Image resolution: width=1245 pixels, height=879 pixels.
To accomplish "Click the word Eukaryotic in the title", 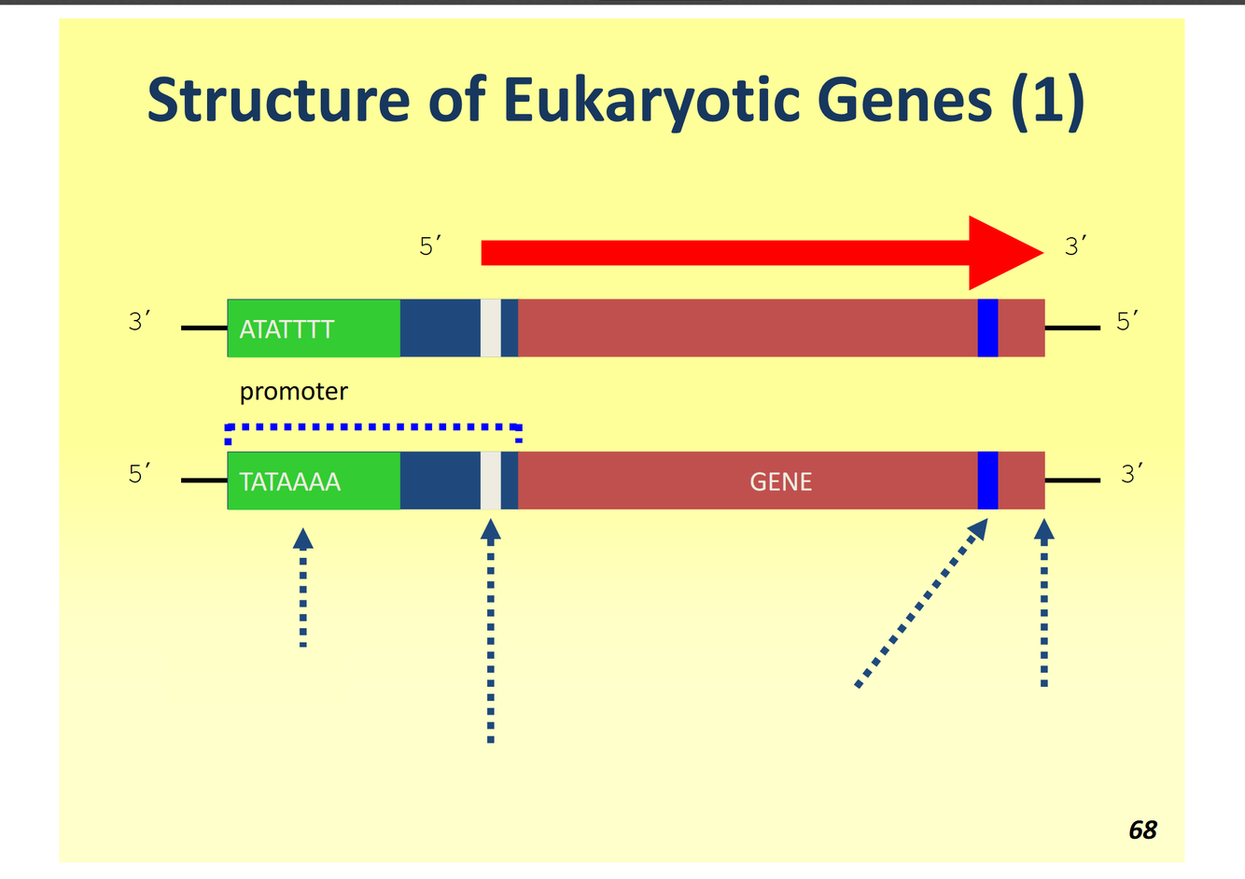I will coord(651,100).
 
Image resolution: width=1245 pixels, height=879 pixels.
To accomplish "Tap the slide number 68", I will coord(1142,830).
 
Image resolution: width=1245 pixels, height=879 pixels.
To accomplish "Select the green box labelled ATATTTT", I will coord(314,328).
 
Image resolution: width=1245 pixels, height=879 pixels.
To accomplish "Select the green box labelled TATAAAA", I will coord(314,481).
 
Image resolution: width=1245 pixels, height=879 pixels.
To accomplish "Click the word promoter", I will coord(293,391).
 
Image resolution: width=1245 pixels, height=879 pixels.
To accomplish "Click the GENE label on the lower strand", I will coord(780,481).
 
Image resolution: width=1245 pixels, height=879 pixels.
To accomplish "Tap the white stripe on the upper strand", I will coord(491,328).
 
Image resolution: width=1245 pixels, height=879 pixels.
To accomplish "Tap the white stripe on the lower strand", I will coord(491,481).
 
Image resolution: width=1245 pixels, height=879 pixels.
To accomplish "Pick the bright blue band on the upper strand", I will coord(987,328).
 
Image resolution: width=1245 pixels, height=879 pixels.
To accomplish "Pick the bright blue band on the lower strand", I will coord(987,481).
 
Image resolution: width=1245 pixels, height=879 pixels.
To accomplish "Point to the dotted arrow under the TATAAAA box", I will coord(302,588).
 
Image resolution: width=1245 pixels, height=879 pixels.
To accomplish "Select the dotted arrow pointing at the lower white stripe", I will coord(491,635).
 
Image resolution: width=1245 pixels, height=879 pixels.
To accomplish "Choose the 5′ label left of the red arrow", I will coord(429,246).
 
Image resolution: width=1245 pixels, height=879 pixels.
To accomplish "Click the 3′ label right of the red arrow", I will coord(1076,246).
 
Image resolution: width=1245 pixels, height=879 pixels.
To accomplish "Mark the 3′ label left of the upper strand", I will coord(139,322).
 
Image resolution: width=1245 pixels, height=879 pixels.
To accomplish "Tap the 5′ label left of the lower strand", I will coord(139,474).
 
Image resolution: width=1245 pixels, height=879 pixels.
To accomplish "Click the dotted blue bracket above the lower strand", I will coord(373,427).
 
